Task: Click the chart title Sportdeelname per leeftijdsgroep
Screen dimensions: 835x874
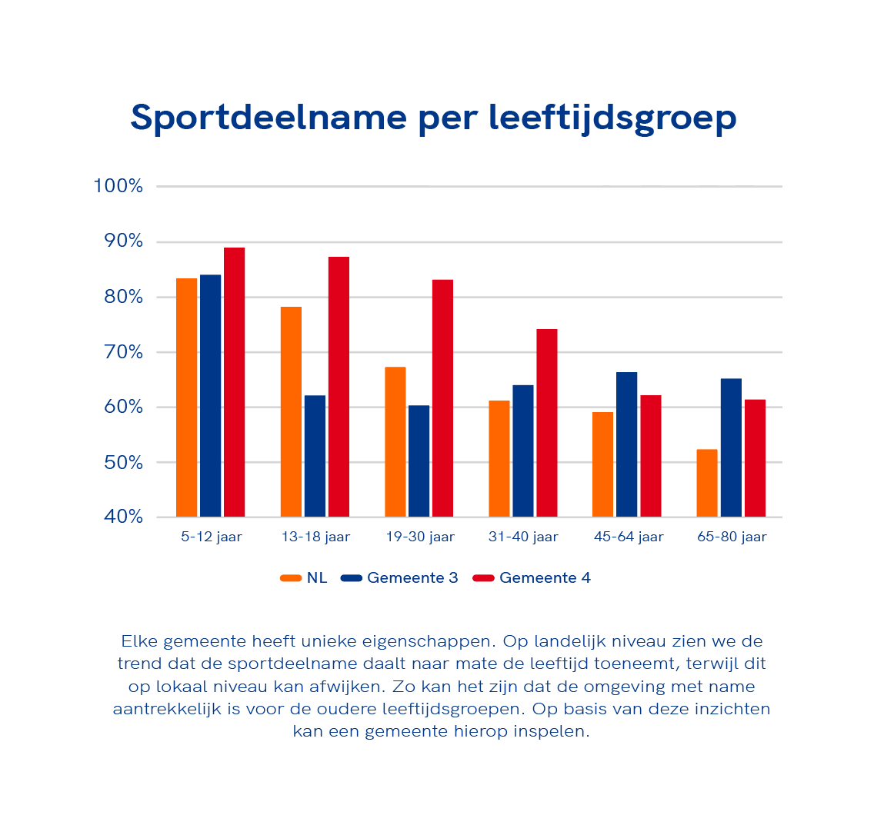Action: [433, 118]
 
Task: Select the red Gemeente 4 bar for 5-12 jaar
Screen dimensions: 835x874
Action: [234, 382]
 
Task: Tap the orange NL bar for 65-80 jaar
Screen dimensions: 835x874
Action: [707, 483]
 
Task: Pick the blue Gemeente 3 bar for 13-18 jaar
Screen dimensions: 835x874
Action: [315, 456]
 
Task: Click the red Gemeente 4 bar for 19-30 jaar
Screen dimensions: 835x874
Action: [442, 398]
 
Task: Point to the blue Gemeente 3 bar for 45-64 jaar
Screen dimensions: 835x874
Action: [626, 444]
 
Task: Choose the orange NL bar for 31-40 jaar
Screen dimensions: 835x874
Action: [499, 459]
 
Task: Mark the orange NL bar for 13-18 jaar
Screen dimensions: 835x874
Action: [291, 411]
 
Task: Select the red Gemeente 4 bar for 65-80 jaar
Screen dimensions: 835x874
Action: [755, 458]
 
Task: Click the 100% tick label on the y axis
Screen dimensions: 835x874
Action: [118, 186]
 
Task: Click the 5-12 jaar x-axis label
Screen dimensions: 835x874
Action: [212, 537]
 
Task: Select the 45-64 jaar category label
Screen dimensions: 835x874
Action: [628, 537]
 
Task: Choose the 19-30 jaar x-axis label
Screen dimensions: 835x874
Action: [420, 537]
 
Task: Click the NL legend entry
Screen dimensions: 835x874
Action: [305, 578]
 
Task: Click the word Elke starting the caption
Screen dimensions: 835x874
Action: [139, 641]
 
